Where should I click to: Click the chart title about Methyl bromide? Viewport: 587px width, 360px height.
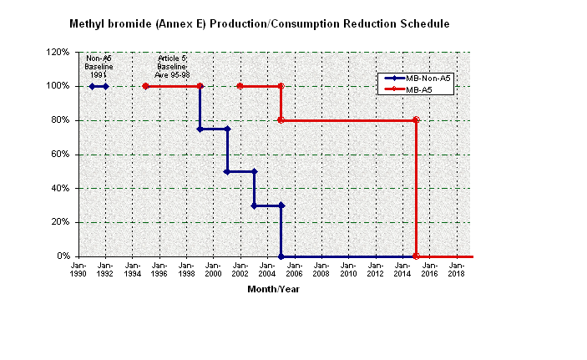pyautogui.click(x=260, y=24)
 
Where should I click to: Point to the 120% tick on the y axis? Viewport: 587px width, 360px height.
pyautogui.click(x=58, y=52)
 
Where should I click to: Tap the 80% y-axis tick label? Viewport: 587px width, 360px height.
pyautogui.click(x=59, y=120)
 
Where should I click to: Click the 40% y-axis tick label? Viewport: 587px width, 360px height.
pyautogui.click(x=59, y=188)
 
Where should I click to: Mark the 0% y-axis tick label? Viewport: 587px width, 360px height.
pyautogui.click(x=63, y=256)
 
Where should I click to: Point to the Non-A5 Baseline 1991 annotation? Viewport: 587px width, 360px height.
pyautogui.click(x=99, y=66)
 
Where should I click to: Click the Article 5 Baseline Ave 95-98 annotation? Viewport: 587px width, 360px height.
pyautogui.click(x=173, y=66)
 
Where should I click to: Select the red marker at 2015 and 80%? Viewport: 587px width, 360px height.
pyautogui.click(x=416, y=120)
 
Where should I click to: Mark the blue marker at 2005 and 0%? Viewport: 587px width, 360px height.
pyautogui.click(x=281, y=256)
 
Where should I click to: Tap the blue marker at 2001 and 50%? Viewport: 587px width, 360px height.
pyautogui.click(x=227, y=171)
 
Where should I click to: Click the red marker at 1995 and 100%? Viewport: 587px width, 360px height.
pyautogui.click(x=146, y=86)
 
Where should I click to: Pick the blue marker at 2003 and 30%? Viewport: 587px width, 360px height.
pyautogui.click(x=254, y=205)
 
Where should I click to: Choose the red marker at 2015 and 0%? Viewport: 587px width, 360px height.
pyautogui.click(x=416, y=256)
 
